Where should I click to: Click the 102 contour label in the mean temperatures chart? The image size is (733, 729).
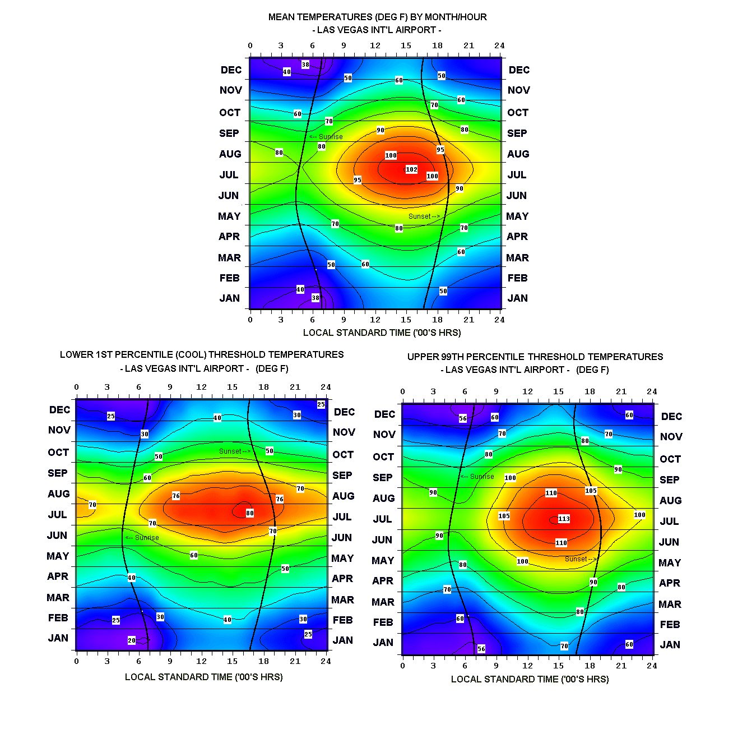coord(411,169)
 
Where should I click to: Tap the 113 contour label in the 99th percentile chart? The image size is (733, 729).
coord(564,519)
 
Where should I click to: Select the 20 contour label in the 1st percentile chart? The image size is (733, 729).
coord(132,640)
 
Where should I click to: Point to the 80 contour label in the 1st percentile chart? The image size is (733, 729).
coord(250,513)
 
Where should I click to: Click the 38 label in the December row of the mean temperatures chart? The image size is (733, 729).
coord(305,64)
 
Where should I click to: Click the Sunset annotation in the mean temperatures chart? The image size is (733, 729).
coord(424,216)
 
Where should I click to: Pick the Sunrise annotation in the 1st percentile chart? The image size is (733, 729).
coord(142,538)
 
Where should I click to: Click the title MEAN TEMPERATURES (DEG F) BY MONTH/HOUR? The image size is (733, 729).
coord(377,17)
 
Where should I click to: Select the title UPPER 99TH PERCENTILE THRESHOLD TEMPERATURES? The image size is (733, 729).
coord(535,357)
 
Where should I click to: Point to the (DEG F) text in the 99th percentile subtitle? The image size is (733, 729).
coord(592,370)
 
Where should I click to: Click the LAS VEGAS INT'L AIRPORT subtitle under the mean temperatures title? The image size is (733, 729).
coord(377,30)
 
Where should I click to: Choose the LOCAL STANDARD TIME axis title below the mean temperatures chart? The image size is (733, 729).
coord(382,333)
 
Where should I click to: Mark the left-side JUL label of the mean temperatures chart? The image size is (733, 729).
coord(229,175)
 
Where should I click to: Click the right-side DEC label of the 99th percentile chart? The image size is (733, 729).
coord(671,417)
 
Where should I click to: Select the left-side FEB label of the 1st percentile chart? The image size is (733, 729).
coord(58,618)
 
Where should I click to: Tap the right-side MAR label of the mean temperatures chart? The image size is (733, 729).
coord(517,258)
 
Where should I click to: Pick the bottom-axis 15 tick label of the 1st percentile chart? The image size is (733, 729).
coord(232,661)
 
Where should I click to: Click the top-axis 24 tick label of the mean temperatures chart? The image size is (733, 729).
coord(499,46)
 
